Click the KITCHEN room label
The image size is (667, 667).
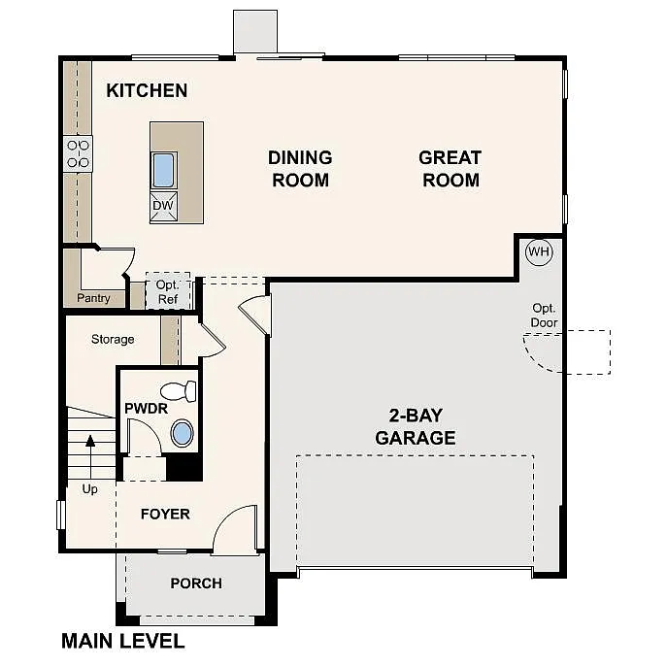[147, 91]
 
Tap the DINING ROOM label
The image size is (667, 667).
[300, 168]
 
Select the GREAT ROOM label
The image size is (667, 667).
[450, 168]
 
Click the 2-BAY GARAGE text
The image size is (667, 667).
[416, 426]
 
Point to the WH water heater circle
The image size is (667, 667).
[539, 252]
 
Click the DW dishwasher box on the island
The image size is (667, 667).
[163, 206]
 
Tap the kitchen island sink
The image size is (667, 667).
[163, 170]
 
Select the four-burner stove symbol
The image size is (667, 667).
[78, 153]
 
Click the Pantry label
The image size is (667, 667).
[94, 298]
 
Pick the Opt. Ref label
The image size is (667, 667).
[168, 292]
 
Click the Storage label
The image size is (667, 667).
[113, 339]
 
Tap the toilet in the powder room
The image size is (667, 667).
[179, 391]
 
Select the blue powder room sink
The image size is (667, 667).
[182, 433]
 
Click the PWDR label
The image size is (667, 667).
[147, 409]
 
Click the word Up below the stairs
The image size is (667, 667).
[89, 489]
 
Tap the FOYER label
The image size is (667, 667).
[165, 514]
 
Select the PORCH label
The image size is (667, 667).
[196, 584]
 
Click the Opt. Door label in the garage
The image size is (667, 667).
[544, 316]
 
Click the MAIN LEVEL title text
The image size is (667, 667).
[122, 641]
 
